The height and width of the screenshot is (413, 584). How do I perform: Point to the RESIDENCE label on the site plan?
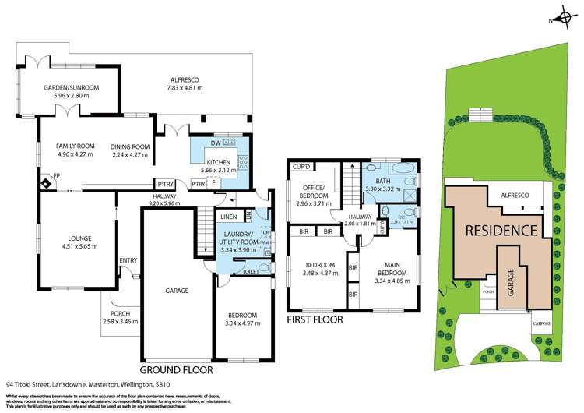pyautogui.click(x=501, y=231)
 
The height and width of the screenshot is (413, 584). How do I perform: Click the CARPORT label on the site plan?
pyautogui.click(x=540, y=323)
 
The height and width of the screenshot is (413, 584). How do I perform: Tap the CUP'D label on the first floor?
pyautogui.click(x=301, y=167)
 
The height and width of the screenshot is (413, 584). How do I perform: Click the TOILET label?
pyautogui.click(x=251, y=273)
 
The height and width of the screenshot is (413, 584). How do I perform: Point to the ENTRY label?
pyautogui.click(x=127, y=261)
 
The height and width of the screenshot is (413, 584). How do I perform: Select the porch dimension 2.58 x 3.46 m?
pyautogui.click(x=119, y=321)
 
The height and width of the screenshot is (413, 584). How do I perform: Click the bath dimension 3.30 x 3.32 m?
pyautogui.click(x=386, y=189)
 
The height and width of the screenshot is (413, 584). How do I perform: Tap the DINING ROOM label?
pyautogui.click(x=129, y=146)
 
